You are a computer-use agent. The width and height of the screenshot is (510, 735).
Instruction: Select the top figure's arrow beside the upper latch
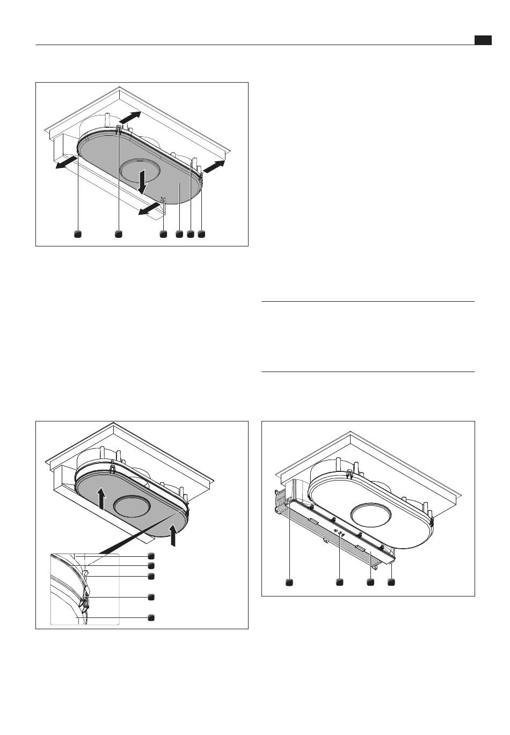130,118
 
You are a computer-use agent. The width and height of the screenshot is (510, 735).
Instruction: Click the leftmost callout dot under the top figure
78,234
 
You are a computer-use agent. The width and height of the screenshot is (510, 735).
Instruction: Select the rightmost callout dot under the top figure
201,234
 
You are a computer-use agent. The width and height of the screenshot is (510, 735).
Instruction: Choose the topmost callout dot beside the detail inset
151,556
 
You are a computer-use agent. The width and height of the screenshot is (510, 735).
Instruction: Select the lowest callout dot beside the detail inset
151,617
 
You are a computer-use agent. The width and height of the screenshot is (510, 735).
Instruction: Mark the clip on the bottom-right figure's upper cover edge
349,474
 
